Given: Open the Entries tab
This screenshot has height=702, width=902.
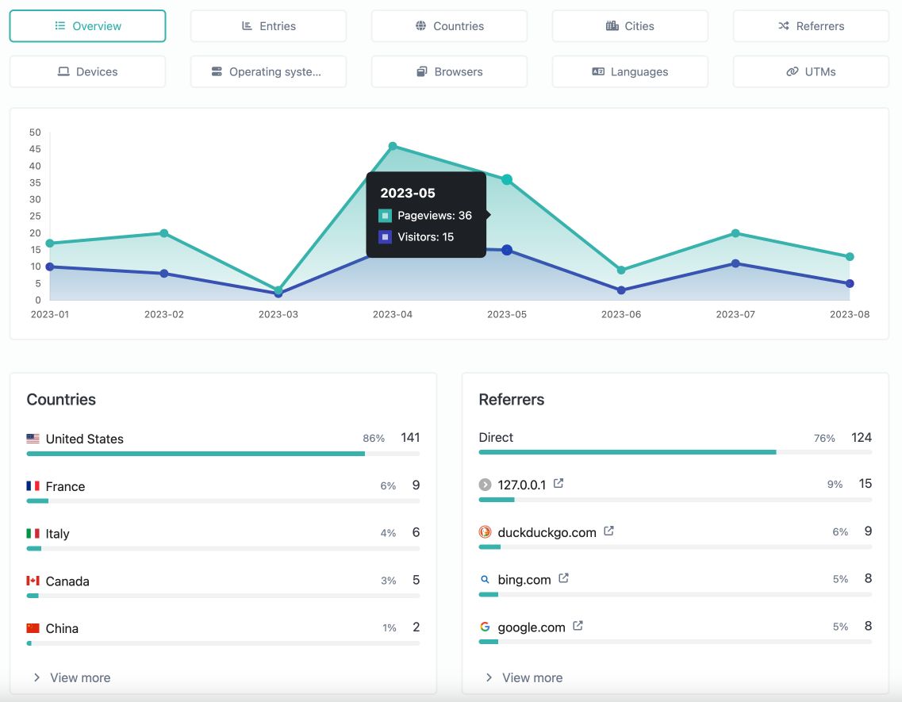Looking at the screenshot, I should click(268, 26).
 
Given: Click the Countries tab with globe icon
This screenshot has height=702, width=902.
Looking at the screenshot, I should click(449, 26).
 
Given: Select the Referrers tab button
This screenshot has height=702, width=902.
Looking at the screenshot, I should click(811, 26).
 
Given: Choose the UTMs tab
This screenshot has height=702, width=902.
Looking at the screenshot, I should click(811, 71).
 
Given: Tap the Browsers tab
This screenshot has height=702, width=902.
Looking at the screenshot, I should click(449, 71).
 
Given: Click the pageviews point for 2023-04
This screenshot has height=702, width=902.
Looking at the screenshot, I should click(393, 146).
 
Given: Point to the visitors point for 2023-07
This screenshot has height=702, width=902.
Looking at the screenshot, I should click(735, 263).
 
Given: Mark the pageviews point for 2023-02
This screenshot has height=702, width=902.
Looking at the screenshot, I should click(164, 233).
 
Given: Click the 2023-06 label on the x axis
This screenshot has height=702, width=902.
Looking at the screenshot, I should click(620, 315).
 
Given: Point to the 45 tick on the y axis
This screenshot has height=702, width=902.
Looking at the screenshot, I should click(35, 149).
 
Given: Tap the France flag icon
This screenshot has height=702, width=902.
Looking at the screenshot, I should click(33, 486).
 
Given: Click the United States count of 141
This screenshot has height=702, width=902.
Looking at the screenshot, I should click(410, 438).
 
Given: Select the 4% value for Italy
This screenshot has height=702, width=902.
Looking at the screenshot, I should click(388, 534).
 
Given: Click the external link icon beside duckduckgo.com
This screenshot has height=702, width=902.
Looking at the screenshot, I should click(608, 531).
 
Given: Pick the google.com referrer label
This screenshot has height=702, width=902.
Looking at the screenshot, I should click(532, 627).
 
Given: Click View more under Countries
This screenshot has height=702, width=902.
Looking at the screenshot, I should click(79, 677).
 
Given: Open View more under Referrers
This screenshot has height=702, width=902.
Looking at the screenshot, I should click(532, 677).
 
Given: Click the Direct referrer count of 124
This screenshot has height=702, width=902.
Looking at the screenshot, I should click(862, 438).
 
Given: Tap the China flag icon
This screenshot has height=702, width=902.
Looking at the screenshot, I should click(33, 628).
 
